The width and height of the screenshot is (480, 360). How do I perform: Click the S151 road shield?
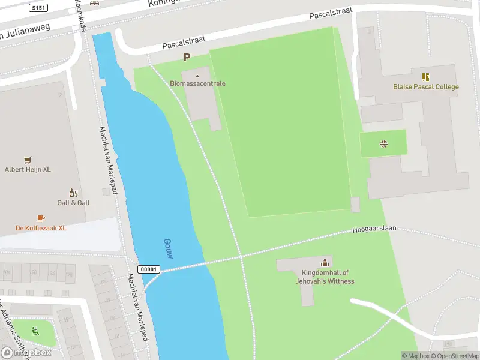(38, 8)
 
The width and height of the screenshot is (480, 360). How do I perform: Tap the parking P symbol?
(187, 58)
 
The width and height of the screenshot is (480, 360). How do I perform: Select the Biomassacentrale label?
(197, 83)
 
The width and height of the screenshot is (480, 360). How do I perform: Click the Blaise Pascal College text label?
(425, 87)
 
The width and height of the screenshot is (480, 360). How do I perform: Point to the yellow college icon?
(425, 77)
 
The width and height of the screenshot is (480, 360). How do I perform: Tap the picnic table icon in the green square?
(383, 143)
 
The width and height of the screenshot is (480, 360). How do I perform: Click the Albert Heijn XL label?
(28, 170)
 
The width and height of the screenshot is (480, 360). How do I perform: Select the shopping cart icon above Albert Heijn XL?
(28, 160)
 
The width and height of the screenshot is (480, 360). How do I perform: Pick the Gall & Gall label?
(73, 203)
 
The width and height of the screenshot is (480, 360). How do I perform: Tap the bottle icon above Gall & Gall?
(73, 193)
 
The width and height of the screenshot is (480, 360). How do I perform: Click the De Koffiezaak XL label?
(41, 228)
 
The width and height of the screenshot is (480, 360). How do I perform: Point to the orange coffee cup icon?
(41, 218)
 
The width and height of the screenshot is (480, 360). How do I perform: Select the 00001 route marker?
(149, 269)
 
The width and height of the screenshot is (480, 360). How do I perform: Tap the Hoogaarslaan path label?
(374, 230)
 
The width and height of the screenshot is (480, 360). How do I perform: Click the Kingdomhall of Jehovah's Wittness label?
(325, 277)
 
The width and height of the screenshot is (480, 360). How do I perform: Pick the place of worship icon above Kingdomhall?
(325, 262)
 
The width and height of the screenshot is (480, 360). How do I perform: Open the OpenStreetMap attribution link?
(455, 356)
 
